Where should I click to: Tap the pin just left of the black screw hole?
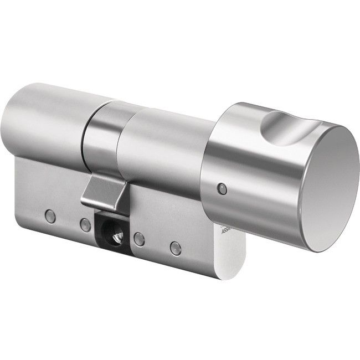(x=85, y=225)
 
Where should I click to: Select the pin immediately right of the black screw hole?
(x=140, y=239)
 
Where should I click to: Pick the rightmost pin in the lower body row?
(x=176, y=248)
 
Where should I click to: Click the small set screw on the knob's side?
(x=222, y=188)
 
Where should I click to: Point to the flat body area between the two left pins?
(x=68, y=221)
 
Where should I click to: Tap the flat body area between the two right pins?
(x=158, y=244)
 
